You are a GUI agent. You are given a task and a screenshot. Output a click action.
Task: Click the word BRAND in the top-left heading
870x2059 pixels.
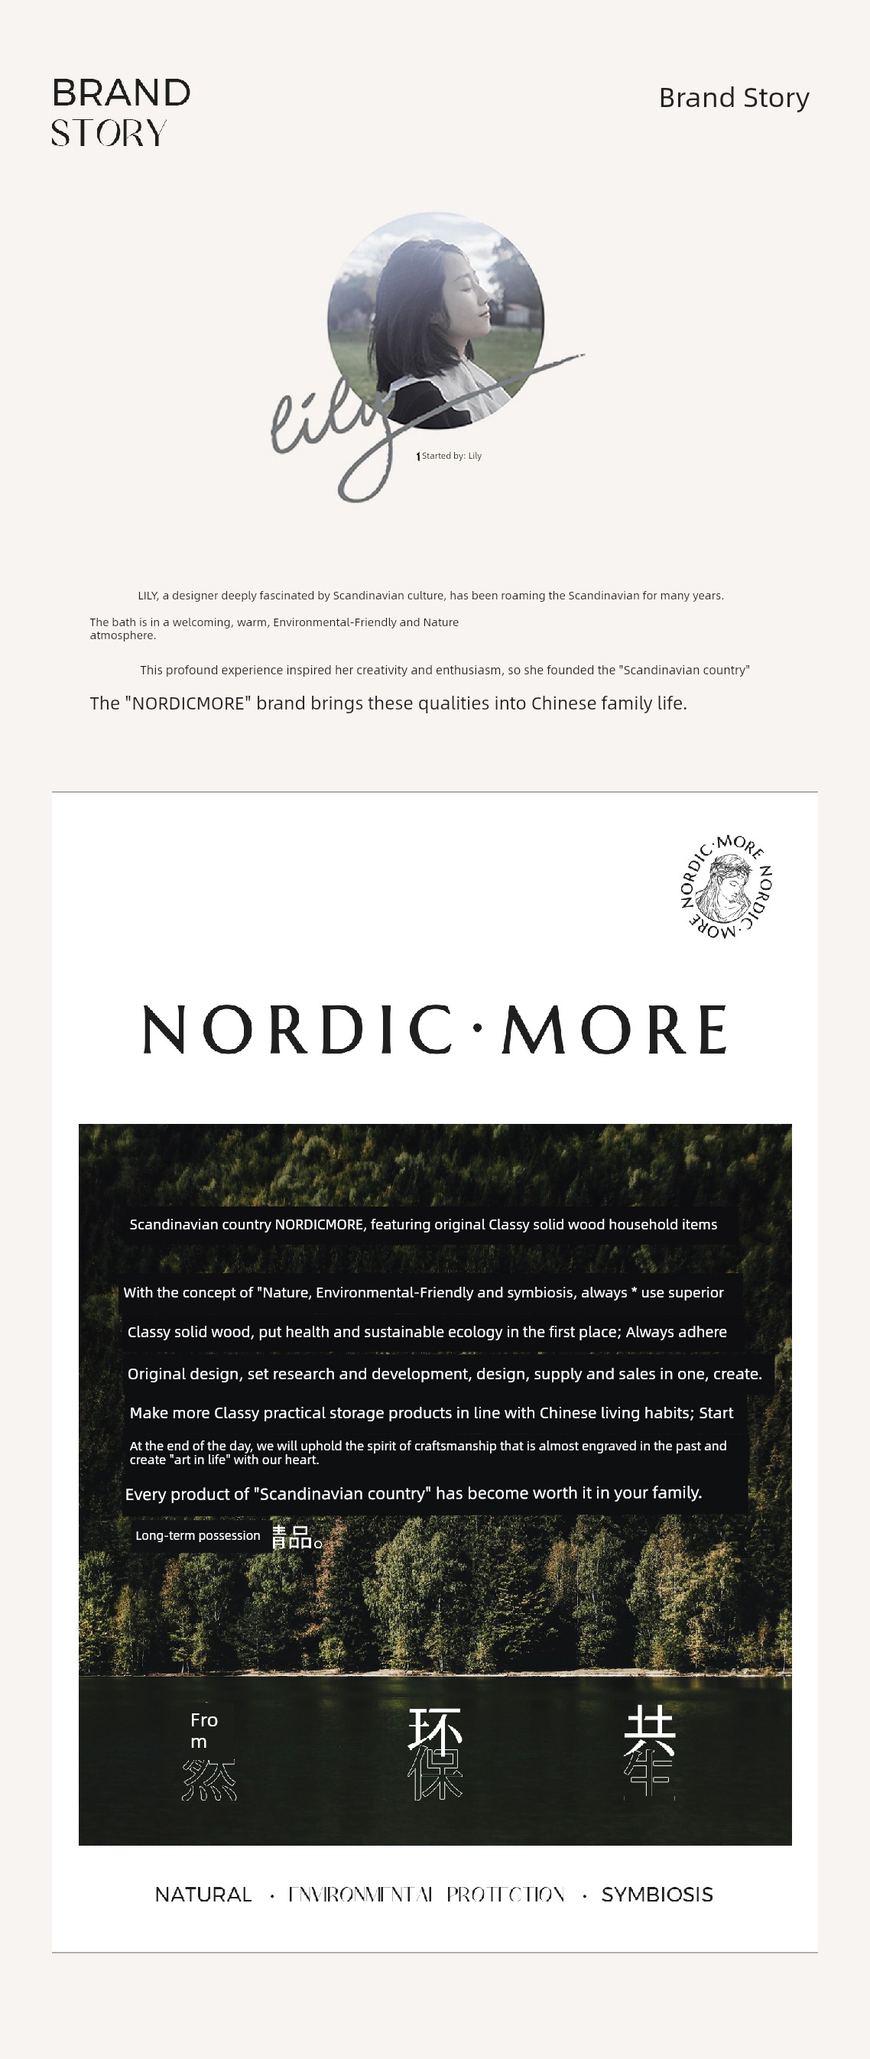pyautogui.click(x=122, y=93)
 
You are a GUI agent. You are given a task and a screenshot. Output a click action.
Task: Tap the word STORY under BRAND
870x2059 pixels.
pyautogui.click(x=109, y=134)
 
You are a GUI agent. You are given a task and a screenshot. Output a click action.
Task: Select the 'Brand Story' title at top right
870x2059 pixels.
pyautogui.click(x=733, y=98)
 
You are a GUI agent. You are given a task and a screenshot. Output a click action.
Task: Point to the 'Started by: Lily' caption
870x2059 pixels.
pyautogui.click(x=450, y=456)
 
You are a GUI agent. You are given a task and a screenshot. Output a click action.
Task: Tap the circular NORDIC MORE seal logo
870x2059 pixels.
pyautogui.click(x=726, y=886)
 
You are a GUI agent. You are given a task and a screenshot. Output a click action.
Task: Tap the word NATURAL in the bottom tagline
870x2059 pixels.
pyautogui.click(x=203, y=1895)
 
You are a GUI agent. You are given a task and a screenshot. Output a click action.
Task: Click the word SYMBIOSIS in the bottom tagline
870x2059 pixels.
pyautogui.click(x=657, y=1895)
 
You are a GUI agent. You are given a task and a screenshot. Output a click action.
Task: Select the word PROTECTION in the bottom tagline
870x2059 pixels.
pyautogui.click(x=505, y=1895)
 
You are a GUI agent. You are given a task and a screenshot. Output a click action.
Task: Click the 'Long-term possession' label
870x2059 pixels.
pyautogui.click(x=197, y=1535)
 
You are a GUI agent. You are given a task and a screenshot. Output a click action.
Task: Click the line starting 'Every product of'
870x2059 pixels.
pyautogui.click(x=413, y=1493)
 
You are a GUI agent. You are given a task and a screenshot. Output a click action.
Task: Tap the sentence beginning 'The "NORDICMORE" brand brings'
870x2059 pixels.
pyautogui.click(x=388, y=703)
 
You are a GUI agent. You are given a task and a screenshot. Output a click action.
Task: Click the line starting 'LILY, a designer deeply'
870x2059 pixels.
pyautogui.click(x=430, y=596)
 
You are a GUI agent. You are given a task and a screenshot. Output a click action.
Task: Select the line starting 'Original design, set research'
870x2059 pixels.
pyautogui.click(x=444, y=1374)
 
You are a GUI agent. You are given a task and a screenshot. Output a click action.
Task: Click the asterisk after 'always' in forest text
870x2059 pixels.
pyautogui.click(x=634, y=1291)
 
